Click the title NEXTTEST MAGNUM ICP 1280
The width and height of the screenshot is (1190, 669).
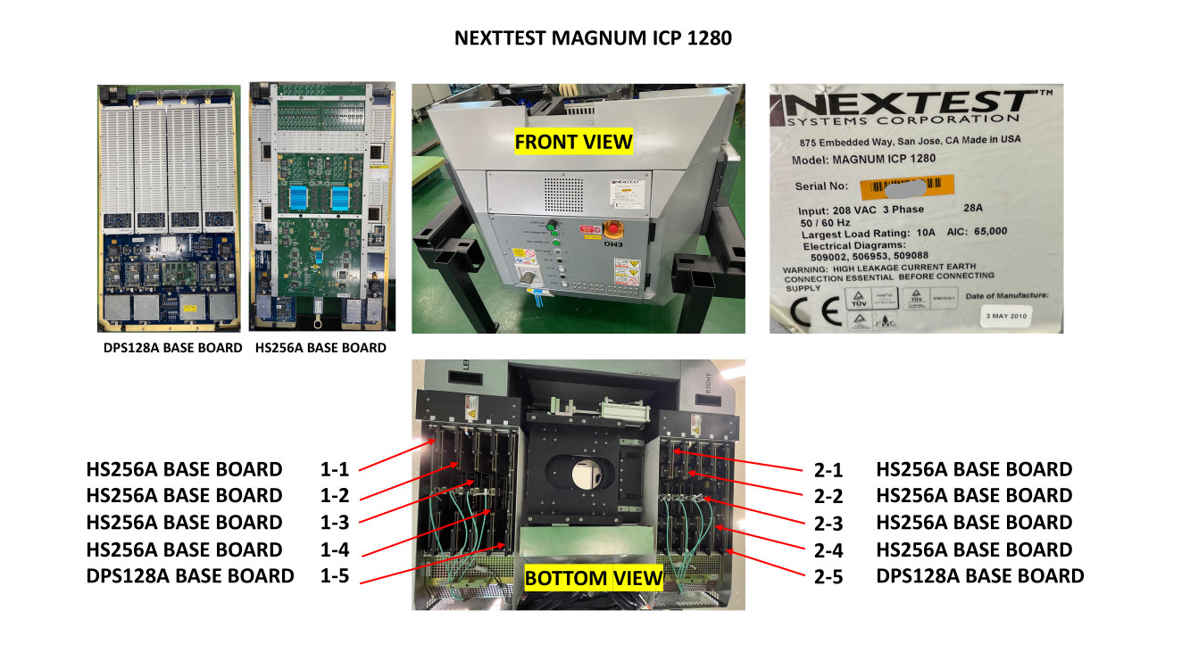click(594, 38)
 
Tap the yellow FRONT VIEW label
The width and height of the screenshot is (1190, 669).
click(573, 141)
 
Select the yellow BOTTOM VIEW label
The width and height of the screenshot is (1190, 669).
click(595, 578)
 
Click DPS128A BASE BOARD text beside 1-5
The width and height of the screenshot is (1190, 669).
click(190, 576)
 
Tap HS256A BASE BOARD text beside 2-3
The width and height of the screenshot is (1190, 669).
click(974, 523)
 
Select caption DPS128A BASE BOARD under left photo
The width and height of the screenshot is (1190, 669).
click(172, 348)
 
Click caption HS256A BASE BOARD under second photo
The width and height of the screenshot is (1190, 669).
click(321, 348)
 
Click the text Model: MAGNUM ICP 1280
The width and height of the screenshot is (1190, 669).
click(863, 160)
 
